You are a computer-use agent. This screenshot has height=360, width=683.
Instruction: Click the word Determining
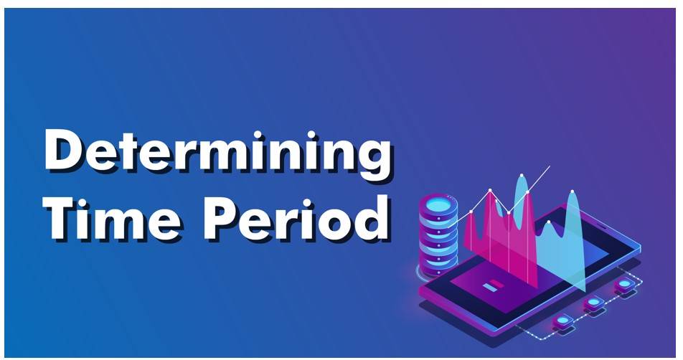[218, 152]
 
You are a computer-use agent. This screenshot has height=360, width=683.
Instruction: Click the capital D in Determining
[65, 150]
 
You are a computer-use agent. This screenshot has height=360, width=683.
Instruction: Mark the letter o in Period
[334, 223]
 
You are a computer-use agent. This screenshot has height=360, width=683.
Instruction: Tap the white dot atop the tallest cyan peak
[522, 176]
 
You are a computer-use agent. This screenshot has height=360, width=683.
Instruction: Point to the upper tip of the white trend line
[550, 166]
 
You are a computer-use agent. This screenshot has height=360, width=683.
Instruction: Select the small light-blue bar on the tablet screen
[490, 288]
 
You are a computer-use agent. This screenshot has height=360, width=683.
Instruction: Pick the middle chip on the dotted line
[594, 302]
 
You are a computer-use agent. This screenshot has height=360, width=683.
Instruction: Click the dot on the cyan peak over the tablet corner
[573, 191]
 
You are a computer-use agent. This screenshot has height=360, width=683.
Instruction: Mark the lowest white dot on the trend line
[471, 212]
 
